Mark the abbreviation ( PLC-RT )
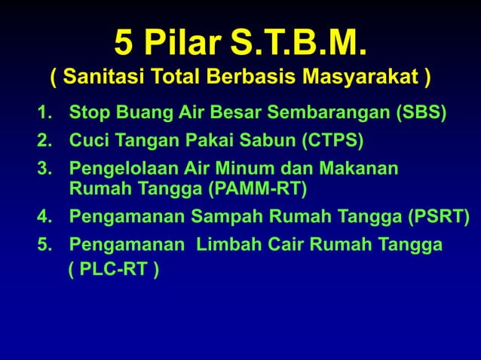pyautogui.click(x=113, y=270)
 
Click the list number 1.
pyautogui.click(x=44, y=113)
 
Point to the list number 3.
pyautogui.click(x=44, y=167)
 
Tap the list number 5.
pyautogui.click(x=44, y=245)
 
